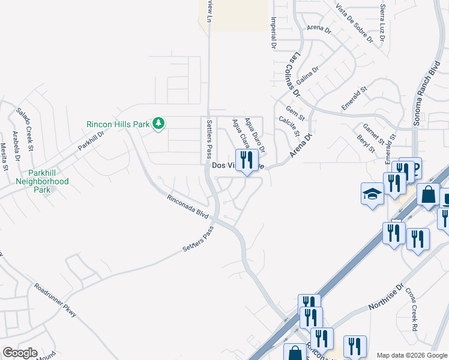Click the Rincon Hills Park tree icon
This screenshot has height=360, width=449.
(158, 124)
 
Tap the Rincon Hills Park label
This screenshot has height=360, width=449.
(118, 124)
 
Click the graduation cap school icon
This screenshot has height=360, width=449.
(372, 194)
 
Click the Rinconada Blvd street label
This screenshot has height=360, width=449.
(187, 205)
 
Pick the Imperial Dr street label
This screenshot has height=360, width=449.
(273, 32)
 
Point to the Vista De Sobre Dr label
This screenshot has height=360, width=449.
(355, 23)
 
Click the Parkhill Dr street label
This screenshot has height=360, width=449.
(91, 140)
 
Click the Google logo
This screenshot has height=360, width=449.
(19, 353)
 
